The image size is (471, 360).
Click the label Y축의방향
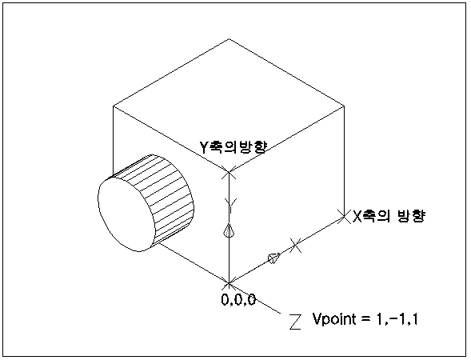233,147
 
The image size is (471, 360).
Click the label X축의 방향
389,216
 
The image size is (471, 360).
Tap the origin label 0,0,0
239,299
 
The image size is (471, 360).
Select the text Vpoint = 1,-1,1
365,319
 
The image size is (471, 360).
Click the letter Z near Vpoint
295,322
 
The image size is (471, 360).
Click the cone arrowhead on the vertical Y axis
229,230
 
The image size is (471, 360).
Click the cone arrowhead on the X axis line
274,258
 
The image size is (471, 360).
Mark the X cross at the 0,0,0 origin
229,282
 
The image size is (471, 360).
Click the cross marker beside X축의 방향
344,216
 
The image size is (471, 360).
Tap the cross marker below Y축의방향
229,172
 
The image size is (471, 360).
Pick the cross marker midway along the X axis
296,246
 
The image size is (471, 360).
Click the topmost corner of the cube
229,38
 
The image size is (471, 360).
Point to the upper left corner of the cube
114,106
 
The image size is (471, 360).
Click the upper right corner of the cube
344,106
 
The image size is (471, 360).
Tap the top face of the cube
229,105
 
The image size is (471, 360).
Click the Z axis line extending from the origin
255,298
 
